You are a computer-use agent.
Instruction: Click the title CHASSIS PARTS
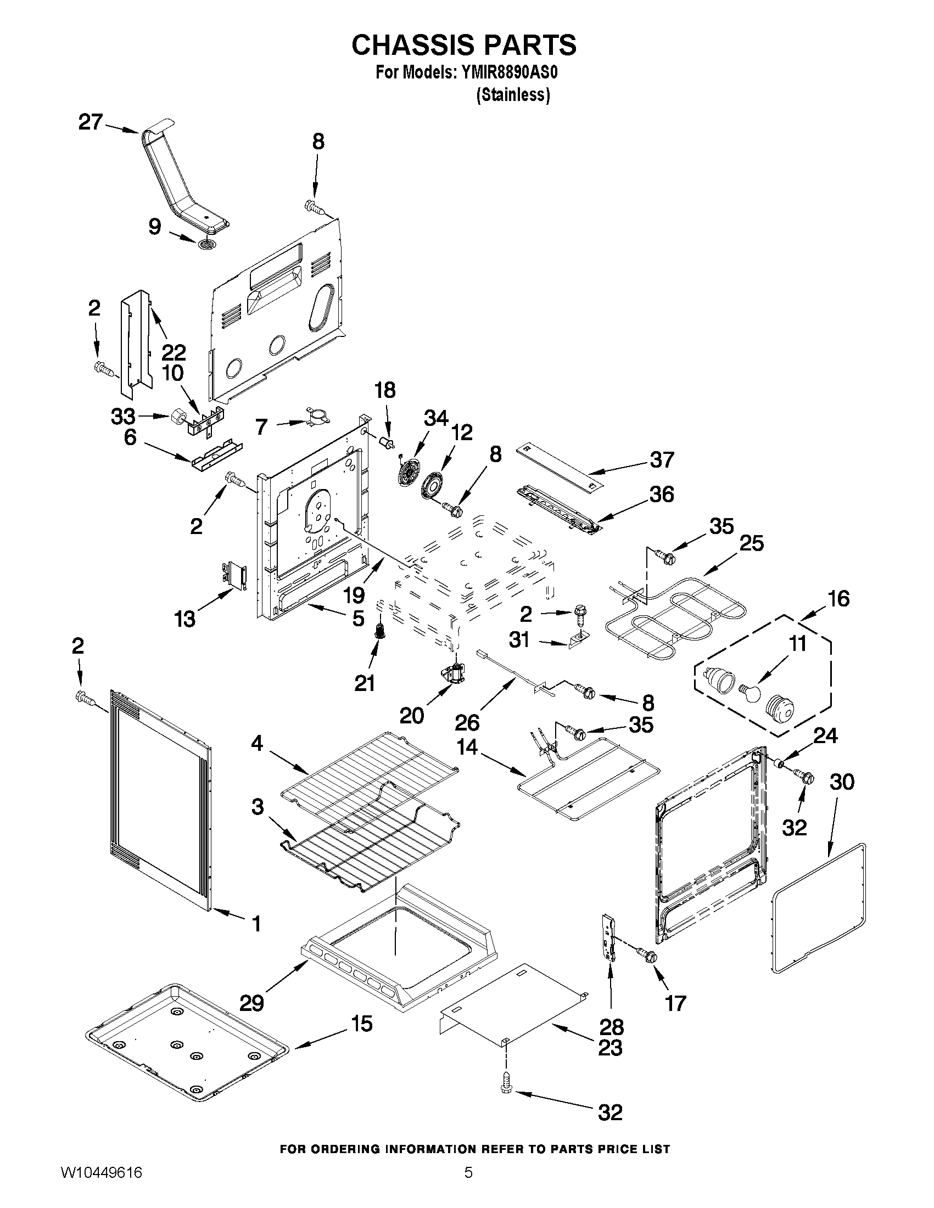click(463, 45)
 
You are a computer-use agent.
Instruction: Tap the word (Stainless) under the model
click(512, 95)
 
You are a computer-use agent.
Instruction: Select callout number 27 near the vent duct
click(91, 122)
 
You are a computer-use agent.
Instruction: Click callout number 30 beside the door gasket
click(842, 782)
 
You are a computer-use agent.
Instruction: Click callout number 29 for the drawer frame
click(251, 1002)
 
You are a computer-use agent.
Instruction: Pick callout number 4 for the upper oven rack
click(257, 743)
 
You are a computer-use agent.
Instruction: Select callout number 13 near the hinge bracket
click(185, 619)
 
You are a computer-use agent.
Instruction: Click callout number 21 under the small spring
click(365, 684)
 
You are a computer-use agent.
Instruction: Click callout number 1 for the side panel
click(256, 923)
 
